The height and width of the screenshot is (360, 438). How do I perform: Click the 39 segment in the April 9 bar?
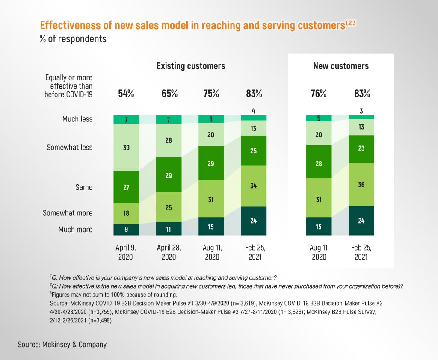(126, 147)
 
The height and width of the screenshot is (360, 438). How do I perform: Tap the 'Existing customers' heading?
(191, 66)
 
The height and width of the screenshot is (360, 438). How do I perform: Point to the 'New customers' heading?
(341, 66)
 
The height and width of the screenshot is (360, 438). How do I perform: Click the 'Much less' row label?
(77, 119)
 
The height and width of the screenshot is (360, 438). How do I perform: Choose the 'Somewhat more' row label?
(68, 213)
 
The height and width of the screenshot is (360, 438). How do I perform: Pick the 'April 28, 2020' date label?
(169, 252)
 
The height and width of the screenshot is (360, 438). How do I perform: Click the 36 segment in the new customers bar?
(361, 184)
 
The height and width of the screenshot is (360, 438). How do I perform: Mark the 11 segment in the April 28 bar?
(169, 229)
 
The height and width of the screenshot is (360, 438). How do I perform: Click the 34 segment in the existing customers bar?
(254, 186)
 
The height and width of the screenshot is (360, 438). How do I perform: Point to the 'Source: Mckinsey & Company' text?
(62, 344)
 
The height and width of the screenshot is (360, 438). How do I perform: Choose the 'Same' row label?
(84, 187)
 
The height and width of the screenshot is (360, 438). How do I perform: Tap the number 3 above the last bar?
(361, 111)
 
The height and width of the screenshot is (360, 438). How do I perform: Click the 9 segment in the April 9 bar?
(126, 230)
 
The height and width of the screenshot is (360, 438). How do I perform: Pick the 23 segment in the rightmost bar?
(361, 149)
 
